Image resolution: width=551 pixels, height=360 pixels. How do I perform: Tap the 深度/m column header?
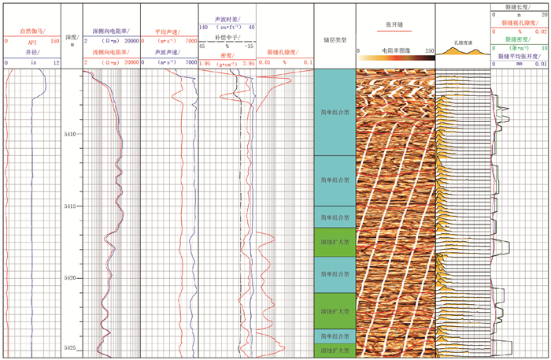coord(72,40)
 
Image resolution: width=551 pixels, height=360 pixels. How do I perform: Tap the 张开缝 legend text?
coord(395,24)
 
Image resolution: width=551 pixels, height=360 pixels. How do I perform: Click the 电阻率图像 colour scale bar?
coord(395,58)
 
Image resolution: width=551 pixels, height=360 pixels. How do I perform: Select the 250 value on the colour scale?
coord(428,50)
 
